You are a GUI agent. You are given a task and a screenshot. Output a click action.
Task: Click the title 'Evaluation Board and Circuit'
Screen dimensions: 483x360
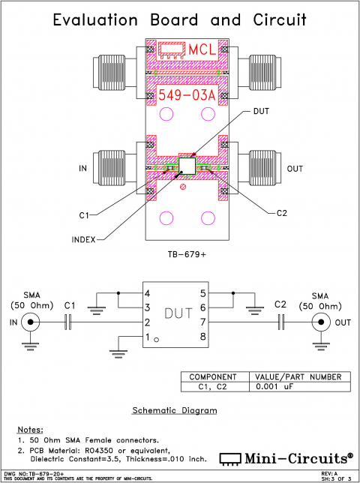pyautogui.click(x=180, y=20)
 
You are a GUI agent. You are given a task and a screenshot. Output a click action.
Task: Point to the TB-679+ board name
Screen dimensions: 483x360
pyautogui.click(x=186, y=254)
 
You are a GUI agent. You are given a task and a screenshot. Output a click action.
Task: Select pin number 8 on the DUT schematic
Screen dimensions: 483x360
pyautogui.click(x=202, y=337)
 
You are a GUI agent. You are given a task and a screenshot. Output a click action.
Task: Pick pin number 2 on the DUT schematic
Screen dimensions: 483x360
pyautogui.click(x=148, y=322)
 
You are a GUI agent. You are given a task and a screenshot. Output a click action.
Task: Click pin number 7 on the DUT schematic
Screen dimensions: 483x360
pyautogui.click(x=202, y=322)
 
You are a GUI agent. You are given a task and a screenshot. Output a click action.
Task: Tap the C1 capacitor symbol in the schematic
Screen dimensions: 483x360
pyautogui.click(x=69, y=322)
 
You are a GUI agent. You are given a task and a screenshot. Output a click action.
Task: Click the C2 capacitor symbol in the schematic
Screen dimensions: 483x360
pyautogui.click(x=282, y=322)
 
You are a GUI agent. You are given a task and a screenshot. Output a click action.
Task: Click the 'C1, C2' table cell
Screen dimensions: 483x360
pyautogui.click(x=213, y=387)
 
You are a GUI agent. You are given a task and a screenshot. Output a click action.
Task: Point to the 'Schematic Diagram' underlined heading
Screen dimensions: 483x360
pyautogui.click(x=175, y=410)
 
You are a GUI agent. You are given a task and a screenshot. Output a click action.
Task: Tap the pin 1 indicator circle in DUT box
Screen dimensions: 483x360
pyautogui.click(x=157, y=340)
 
